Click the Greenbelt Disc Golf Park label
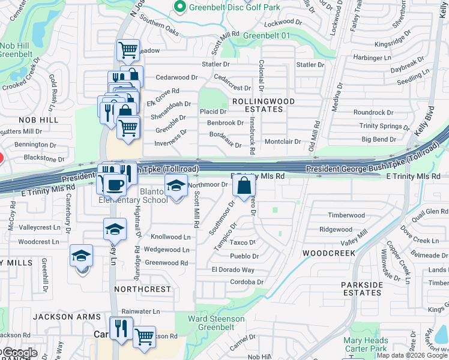click(x=234, y=7)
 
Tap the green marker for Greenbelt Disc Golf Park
click(x=179, y=7)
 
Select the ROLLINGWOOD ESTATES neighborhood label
click(x=264, y=106)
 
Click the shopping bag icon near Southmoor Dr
click(x=245, y=187)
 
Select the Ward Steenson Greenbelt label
click(x=217, y=323)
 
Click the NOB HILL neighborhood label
click(x=38, y=120)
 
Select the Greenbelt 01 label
click(x=267, y=36)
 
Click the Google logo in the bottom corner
click(x=19, y=352)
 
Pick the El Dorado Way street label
click(x=233, y=270)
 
